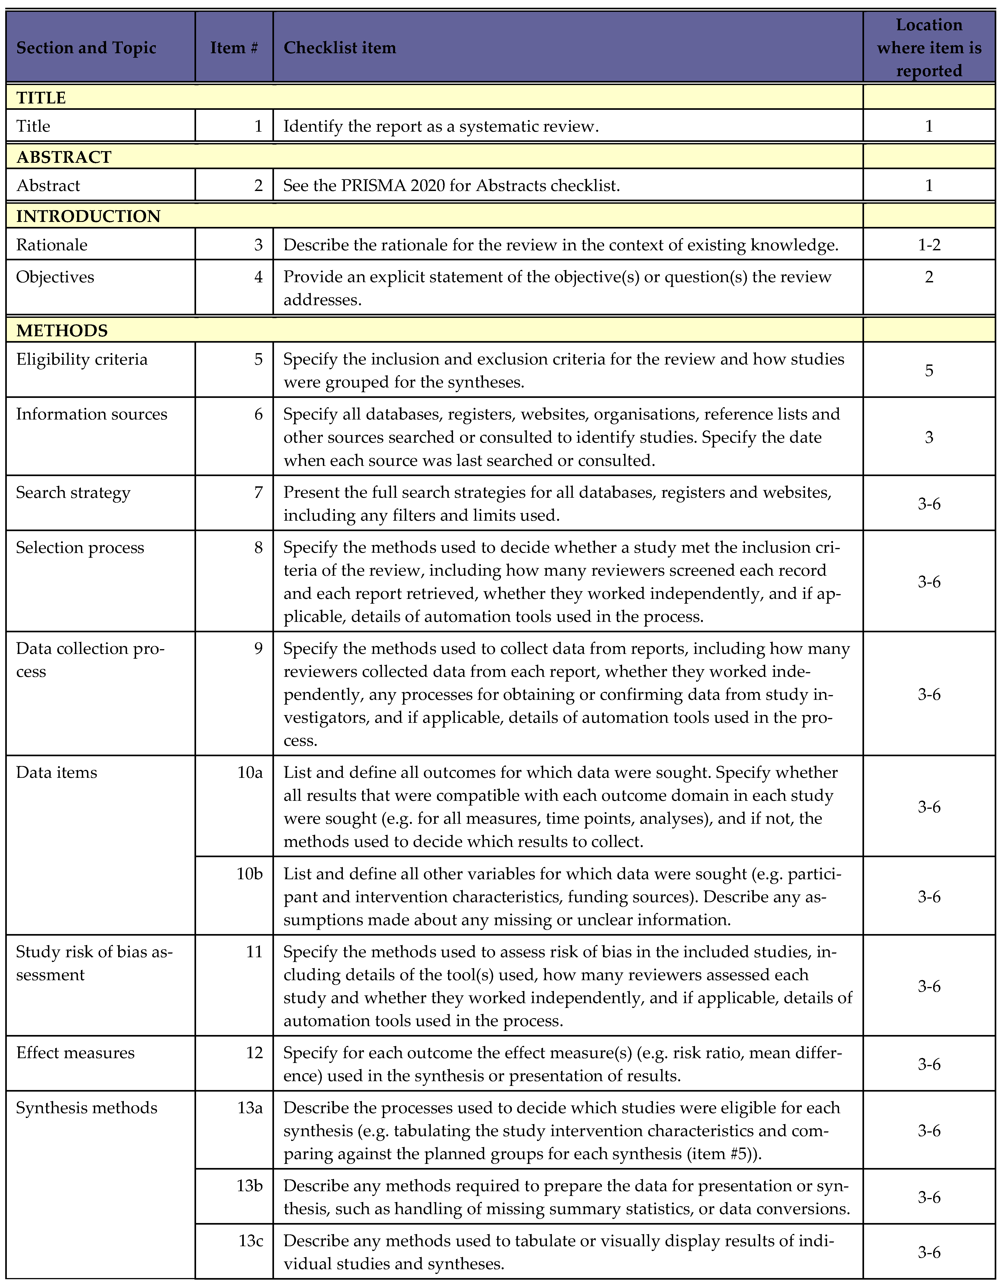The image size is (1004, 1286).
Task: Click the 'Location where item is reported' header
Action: pos(929,48)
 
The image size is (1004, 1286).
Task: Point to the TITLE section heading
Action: pos(41,98)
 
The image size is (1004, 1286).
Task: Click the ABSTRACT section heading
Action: pos(64,157)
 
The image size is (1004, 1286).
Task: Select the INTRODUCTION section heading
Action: pos(88,216)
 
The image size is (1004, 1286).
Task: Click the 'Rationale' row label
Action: pos(52,245)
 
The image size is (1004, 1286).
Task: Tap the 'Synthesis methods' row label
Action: pos(87,1108)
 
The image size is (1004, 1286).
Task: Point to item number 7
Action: pos(258,492)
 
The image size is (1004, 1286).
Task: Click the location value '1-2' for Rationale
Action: pos(929,245)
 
